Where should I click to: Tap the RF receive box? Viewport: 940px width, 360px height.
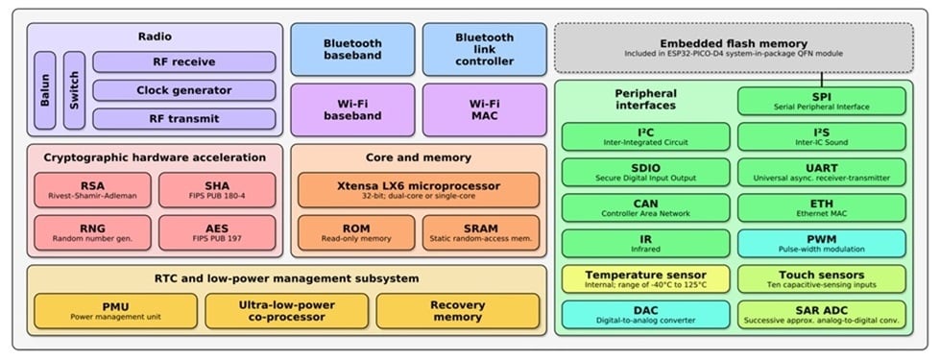[184, 62]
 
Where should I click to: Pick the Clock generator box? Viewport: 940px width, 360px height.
[184, 90]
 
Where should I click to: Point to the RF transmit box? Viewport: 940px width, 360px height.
[184, 119]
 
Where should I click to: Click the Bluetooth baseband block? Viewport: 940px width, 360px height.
[352, 49]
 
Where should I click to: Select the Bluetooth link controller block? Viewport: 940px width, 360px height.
[484, 49]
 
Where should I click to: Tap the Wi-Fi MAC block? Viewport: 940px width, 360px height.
[484, 109]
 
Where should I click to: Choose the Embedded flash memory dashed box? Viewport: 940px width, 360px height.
[734, 48]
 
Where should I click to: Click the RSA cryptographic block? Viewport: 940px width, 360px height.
[93, 190]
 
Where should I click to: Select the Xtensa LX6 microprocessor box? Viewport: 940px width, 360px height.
[419, 190]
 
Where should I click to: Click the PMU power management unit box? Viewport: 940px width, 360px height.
[115, 310]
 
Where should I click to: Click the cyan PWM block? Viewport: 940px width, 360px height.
[822, 243]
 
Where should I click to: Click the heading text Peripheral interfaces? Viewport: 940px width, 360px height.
[645, 99]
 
